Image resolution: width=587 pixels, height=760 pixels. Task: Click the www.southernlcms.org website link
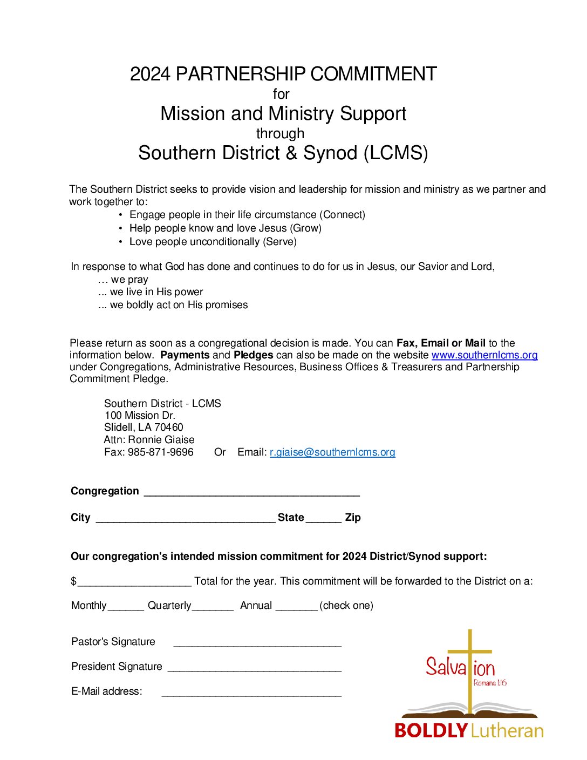tap(484, 355)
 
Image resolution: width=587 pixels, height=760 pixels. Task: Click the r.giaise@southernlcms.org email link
tap(332, 452)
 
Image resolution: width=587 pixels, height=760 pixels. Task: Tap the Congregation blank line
tap(251, 492)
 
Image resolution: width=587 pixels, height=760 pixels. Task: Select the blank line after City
tap(186, 519)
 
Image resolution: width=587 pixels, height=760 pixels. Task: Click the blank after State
tap(324, 519)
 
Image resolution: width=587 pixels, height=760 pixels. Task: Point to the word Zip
tap(353, 518)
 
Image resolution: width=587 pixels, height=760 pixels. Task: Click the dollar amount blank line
tap(134, 583)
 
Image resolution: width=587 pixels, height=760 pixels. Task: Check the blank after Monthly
tap(126, 607)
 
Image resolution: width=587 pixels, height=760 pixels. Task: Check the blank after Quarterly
tap(213, 607)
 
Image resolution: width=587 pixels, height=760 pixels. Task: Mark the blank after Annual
tap(296, 607)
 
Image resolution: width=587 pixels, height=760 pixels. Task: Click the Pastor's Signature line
tap(257, 643)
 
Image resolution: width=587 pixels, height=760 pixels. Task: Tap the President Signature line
tap(255, 668)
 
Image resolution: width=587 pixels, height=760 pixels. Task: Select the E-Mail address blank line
tap(251, 694)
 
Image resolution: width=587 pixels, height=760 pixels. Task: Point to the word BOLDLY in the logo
tap(431, 731)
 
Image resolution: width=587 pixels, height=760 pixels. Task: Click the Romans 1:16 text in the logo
tap(490, 683)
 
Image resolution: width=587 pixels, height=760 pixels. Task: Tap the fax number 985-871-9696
tap(160, 452)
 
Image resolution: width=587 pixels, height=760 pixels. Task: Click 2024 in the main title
tap(150, 74)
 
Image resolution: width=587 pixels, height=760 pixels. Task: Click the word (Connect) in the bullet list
tap(344, 215)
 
